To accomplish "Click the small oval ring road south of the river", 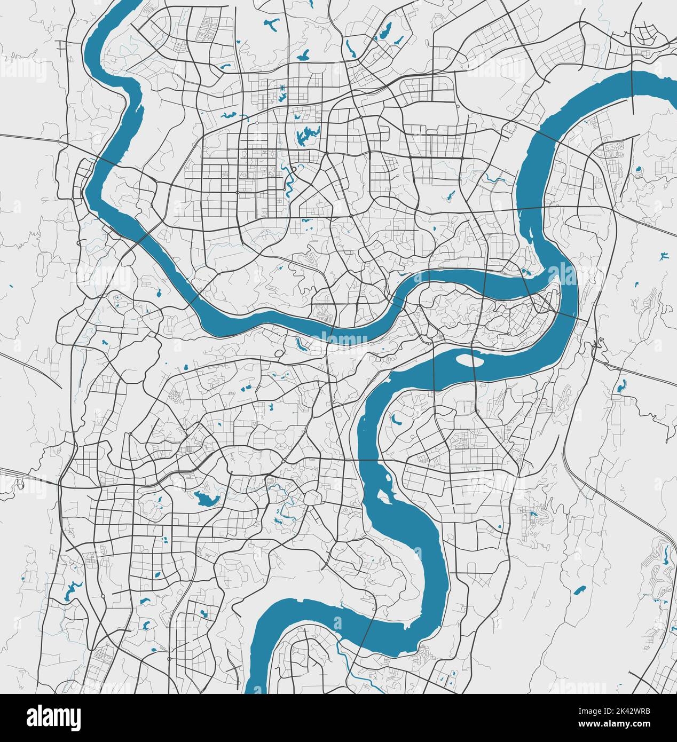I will (x=278, y=354).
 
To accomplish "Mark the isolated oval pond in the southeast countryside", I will (x=579, y=590).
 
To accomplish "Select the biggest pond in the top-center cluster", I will (x=384, y=32).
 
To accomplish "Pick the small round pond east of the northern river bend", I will (x=638, y=170).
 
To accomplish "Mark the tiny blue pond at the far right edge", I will (x=664, y=255).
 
